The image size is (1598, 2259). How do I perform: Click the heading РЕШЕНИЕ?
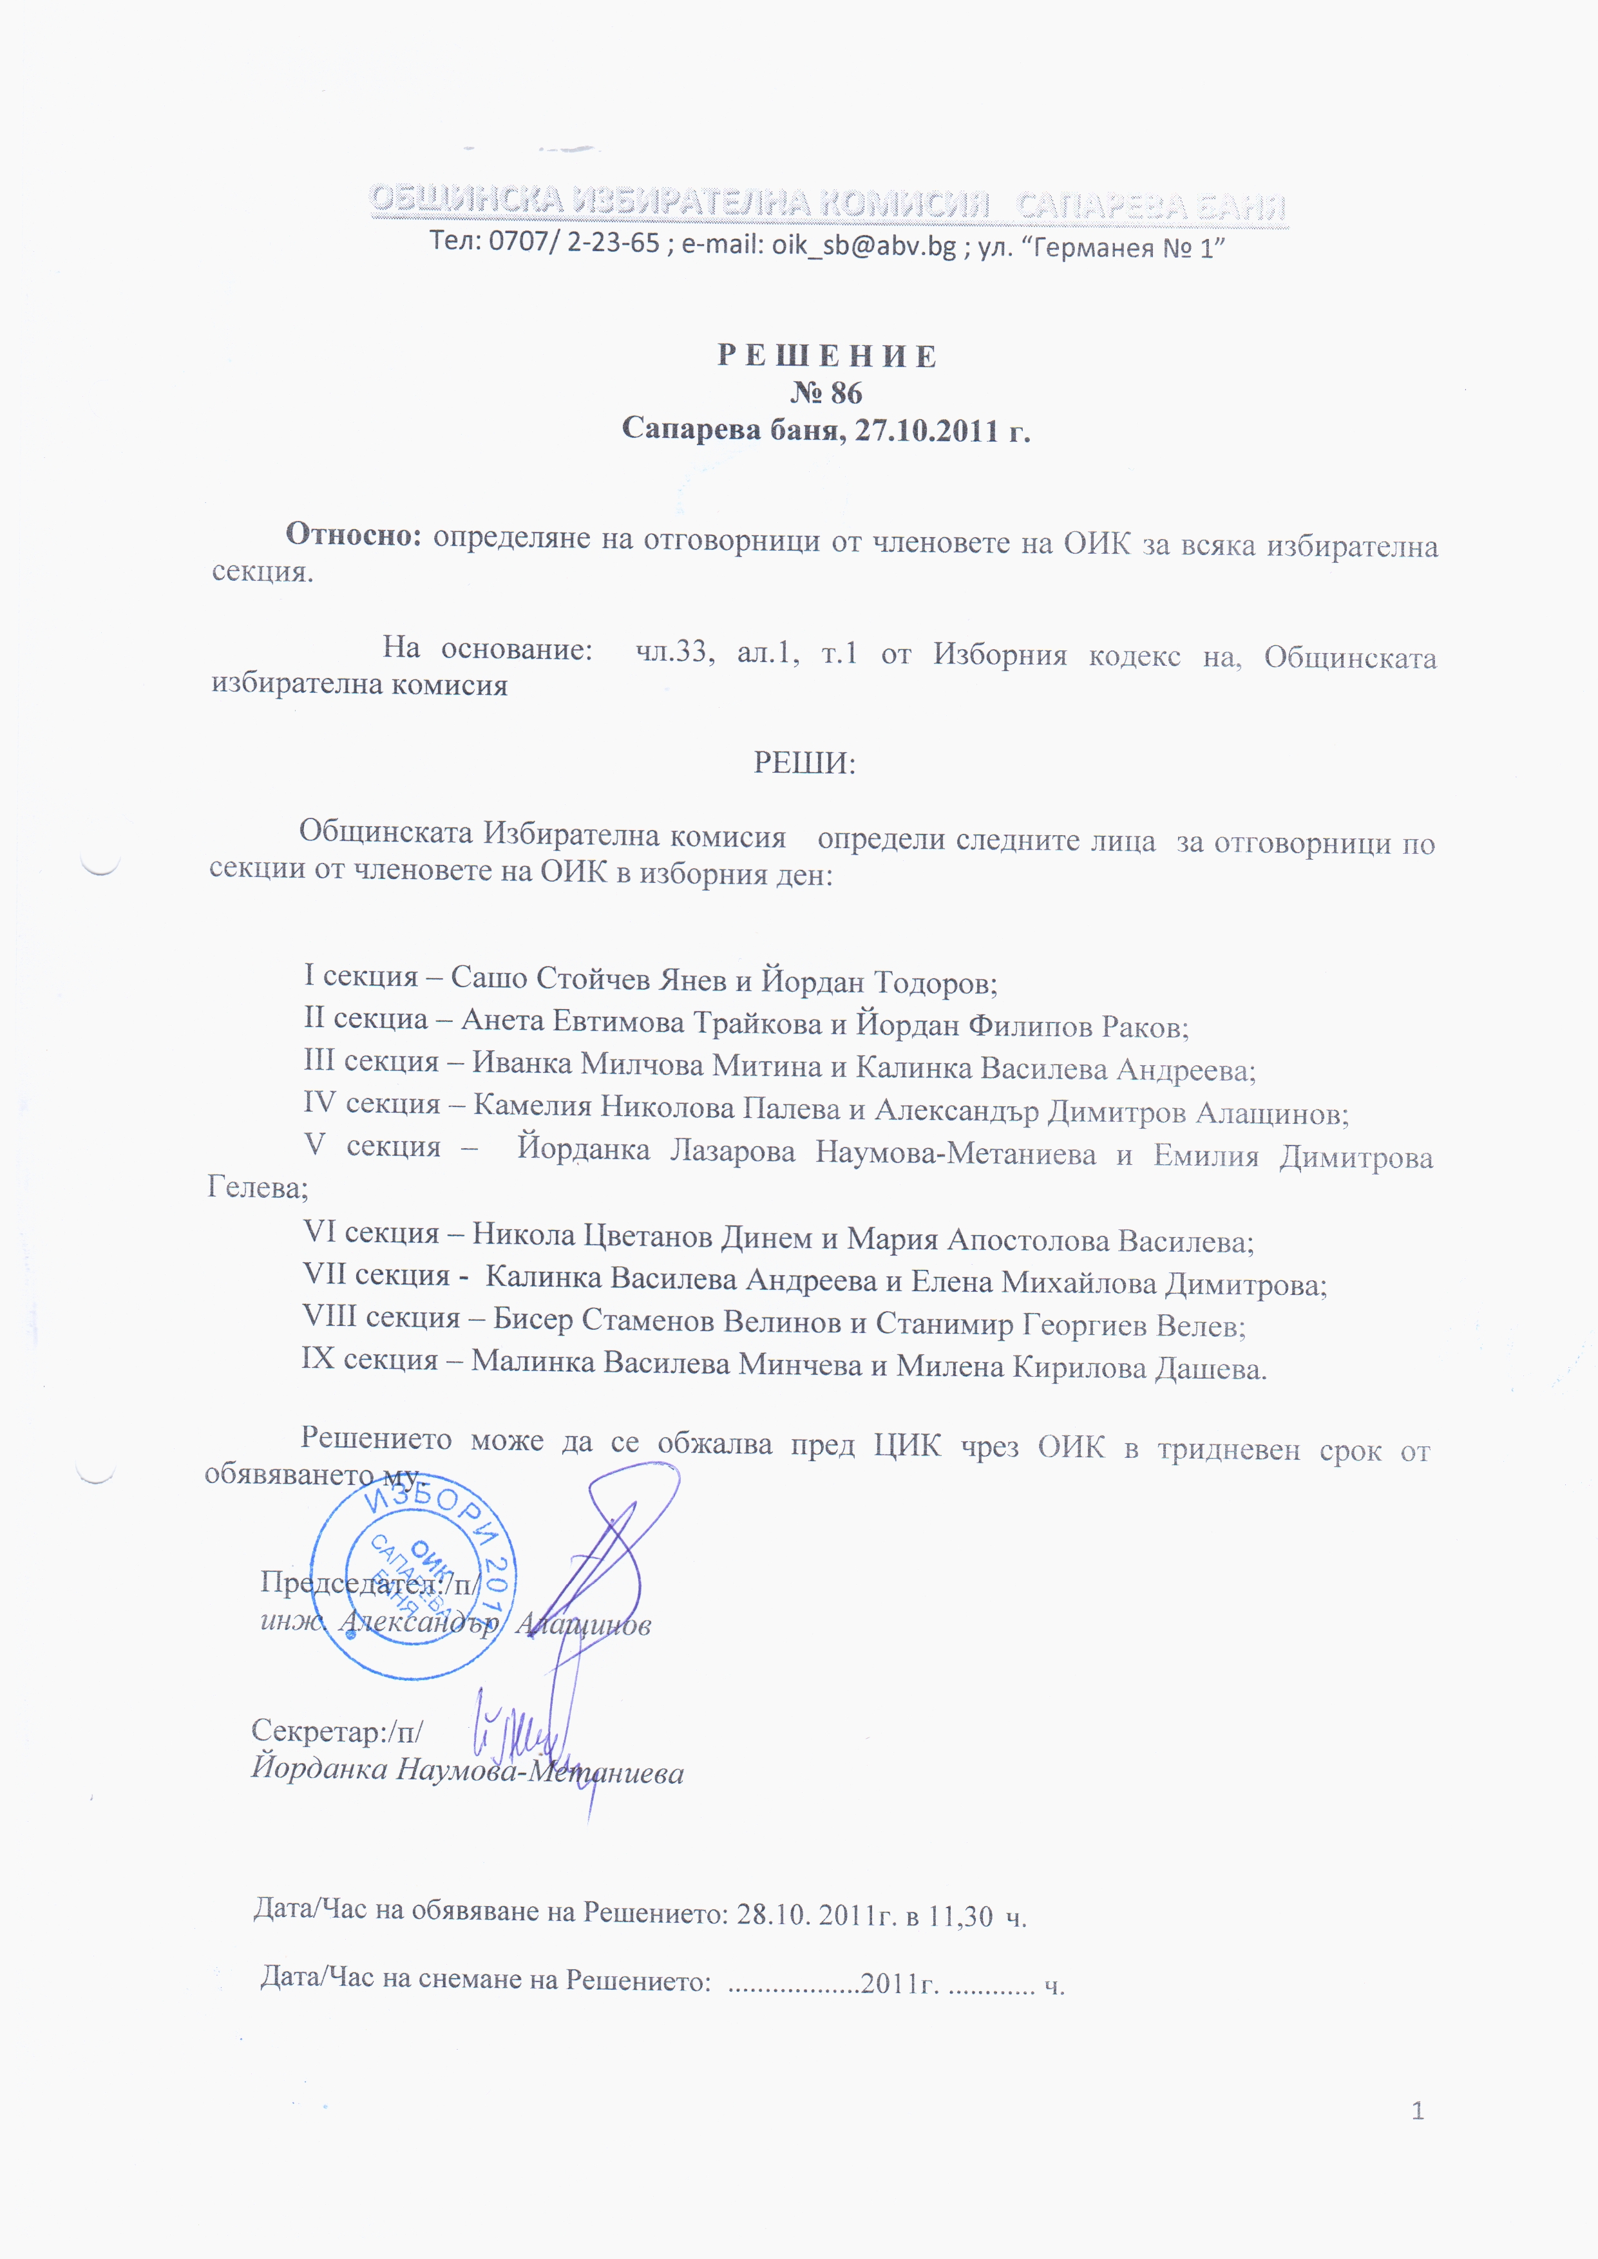pos(826,356)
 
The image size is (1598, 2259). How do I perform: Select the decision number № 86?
pos(826,393)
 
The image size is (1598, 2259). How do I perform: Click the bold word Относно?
pos(353,534)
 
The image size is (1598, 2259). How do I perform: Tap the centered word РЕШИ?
pos(804,762)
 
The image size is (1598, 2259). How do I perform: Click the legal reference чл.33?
pos(671,651)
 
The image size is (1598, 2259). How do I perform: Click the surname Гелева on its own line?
pos(256,1187)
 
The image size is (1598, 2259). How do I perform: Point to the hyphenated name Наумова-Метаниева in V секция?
pos(955,1153)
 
